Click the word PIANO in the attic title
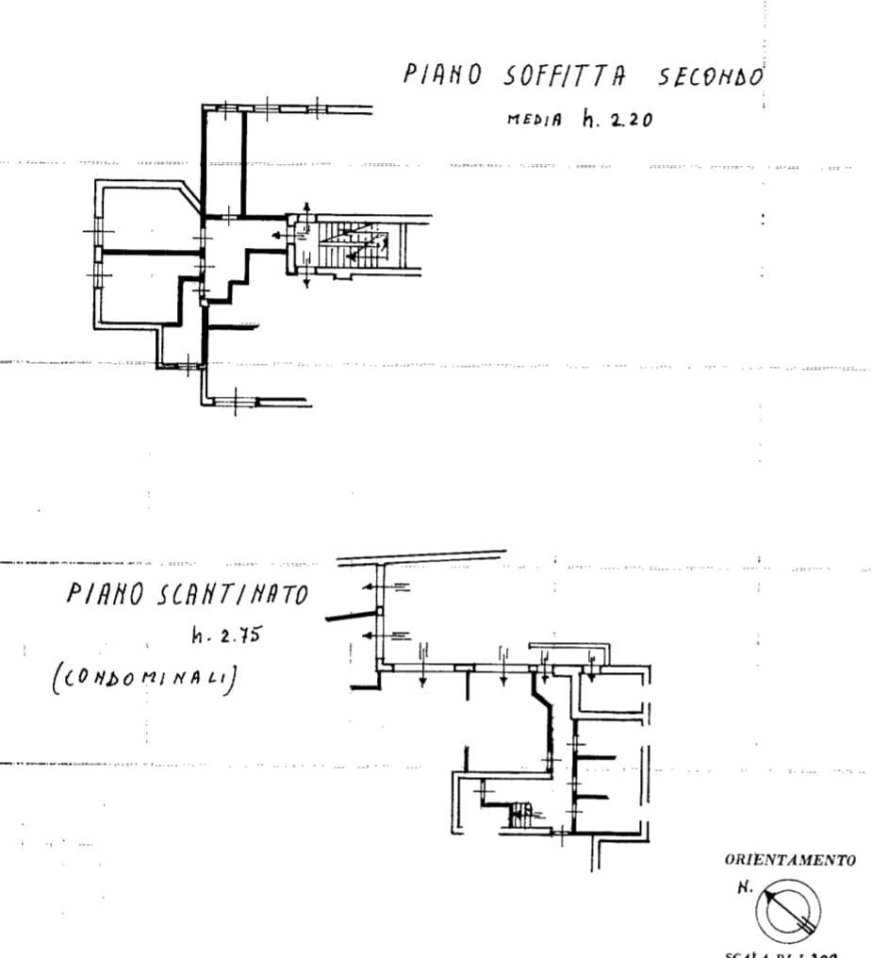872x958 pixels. tap(444, 74)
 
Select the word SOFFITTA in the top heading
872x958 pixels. tap(561, 75)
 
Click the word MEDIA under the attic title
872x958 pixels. tap(535, 120)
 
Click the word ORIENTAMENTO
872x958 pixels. tap(790, 860)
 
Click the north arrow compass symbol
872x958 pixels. tap(788, 908)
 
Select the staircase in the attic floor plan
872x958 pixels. tap(353, 243)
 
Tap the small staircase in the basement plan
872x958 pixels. tap(521, 815)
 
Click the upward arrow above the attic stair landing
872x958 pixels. tap(306, 209)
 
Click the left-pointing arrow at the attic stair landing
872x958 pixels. tap(277, 236)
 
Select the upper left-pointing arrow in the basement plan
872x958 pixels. tap(375, 587)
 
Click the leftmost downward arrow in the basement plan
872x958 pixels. tap(423, 669)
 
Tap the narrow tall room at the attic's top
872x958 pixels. tap(224, 160)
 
